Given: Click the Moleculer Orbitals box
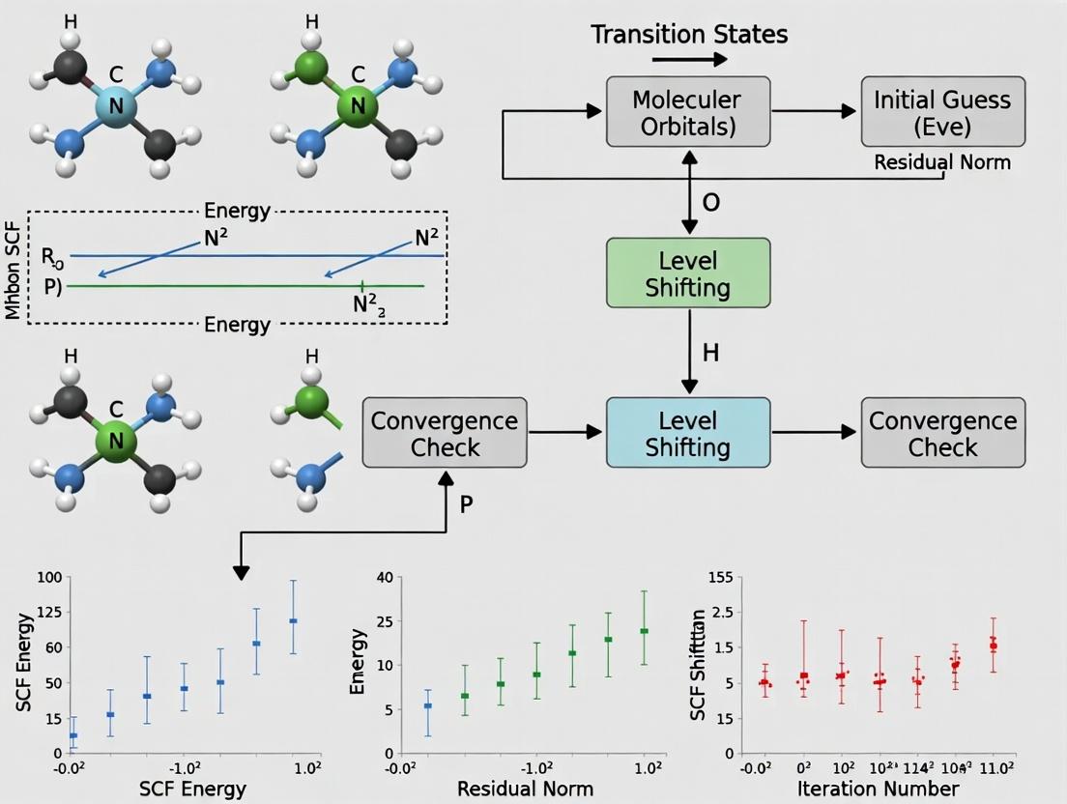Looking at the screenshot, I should click(x=687, y=113).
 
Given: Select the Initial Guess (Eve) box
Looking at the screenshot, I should click(x=942, y=113).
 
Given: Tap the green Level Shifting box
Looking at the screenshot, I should click(x=687, y=274).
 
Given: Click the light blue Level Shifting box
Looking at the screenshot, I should click(x=687, y=434).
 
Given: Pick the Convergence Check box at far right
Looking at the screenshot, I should click(x=942, y=434).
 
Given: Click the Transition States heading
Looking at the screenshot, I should click(x=689, y=35).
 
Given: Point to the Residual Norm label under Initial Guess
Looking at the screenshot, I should click(x=942, y=162).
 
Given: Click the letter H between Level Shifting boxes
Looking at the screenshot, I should click(x=711, y=354).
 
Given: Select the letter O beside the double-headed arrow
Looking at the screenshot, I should click(x=711, y=204).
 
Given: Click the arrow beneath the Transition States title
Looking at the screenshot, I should click(x=689, y=60).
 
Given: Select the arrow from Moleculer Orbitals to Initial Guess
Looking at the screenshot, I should click(x=815, y=113).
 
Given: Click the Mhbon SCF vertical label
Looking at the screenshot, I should click(x=14, y=266).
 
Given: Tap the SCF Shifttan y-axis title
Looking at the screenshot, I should click(x=697, y=666).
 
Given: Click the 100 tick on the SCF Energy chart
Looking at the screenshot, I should click(x=48, y=578).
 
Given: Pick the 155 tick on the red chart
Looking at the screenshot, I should click(x=720, y=578).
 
